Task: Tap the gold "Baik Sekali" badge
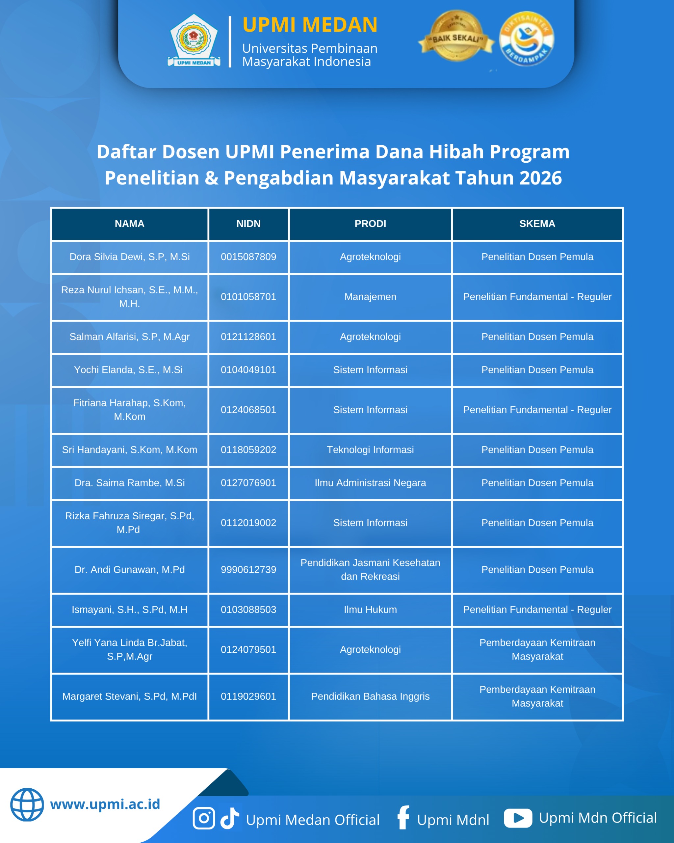[x=456, y=36]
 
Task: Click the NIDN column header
[x=248, y=224]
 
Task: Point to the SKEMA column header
[x=537, y=224]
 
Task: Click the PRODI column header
[x=370, y=224]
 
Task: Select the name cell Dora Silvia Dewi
[x=129, y=257]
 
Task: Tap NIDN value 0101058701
[x=248, y=297]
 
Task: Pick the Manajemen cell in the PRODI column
[x=370, y=297]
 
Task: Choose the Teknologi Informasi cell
[x=370, y=449]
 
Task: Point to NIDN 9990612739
[x=248, y=570]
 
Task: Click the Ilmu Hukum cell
[x=370, y=610]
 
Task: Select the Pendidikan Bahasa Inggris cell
[x=370, y=696]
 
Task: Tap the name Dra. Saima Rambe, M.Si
[x=129, y=483]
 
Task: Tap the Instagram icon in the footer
[x=204, y=818]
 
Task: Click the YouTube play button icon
[x=518, y=818]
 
